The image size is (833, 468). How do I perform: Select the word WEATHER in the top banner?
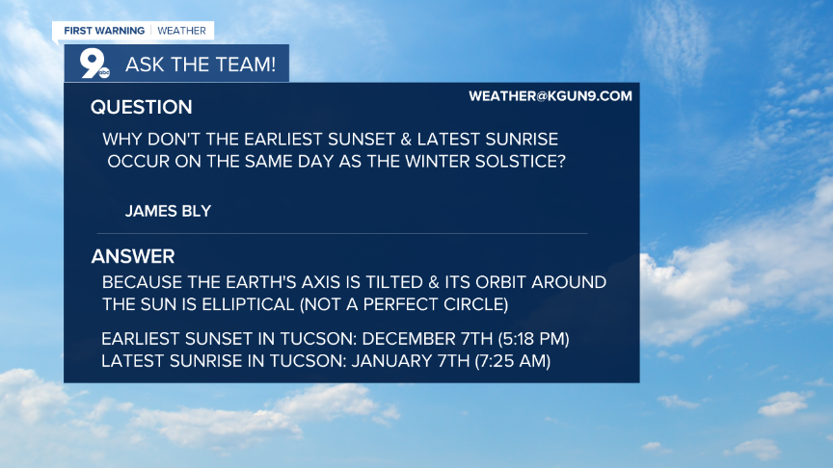point(181,31)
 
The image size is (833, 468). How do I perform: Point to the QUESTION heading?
point(141,107)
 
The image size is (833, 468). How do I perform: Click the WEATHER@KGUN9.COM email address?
point(550,95)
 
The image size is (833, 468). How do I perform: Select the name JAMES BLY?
point(168,211)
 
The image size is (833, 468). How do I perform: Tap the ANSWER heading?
point(133,256)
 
